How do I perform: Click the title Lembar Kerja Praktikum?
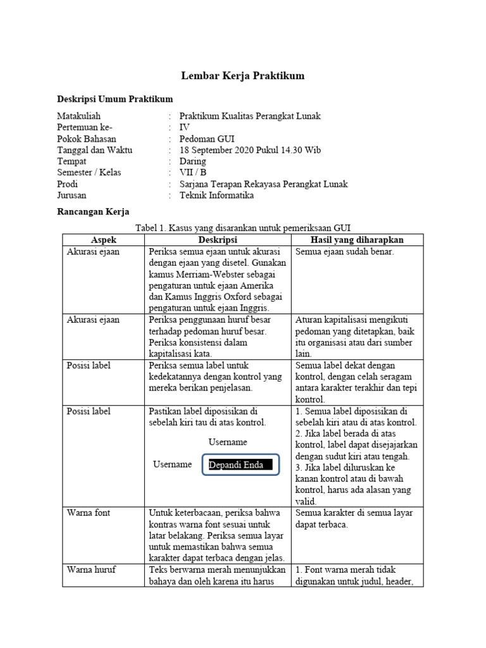click(x=243, y=76)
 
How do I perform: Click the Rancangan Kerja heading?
click(x=93, y=212)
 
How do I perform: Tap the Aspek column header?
click(x=104, y=240)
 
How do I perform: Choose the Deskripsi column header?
click(x=218, y=240)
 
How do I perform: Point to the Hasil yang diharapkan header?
click(x=357, y=240)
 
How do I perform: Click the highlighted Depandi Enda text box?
click(x=240, y=465)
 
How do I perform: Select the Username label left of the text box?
click(x=172, y=464)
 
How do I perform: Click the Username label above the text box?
click(x=227, y=442)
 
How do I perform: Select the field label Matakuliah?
click(x=79, y=116)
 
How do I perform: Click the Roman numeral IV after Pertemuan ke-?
click(x=185, y=127)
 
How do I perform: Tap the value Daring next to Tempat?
click(x=193, y=161)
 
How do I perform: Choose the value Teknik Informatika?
click(x=216, y=196)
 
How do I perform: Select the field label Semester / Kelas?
click(x=89, y=173)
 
